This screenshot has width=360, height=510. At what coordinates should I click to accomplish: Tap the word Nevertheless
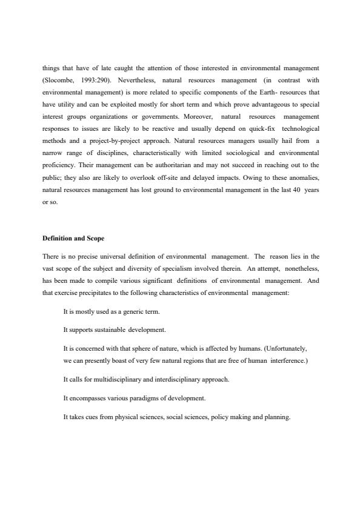(141, 79)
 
